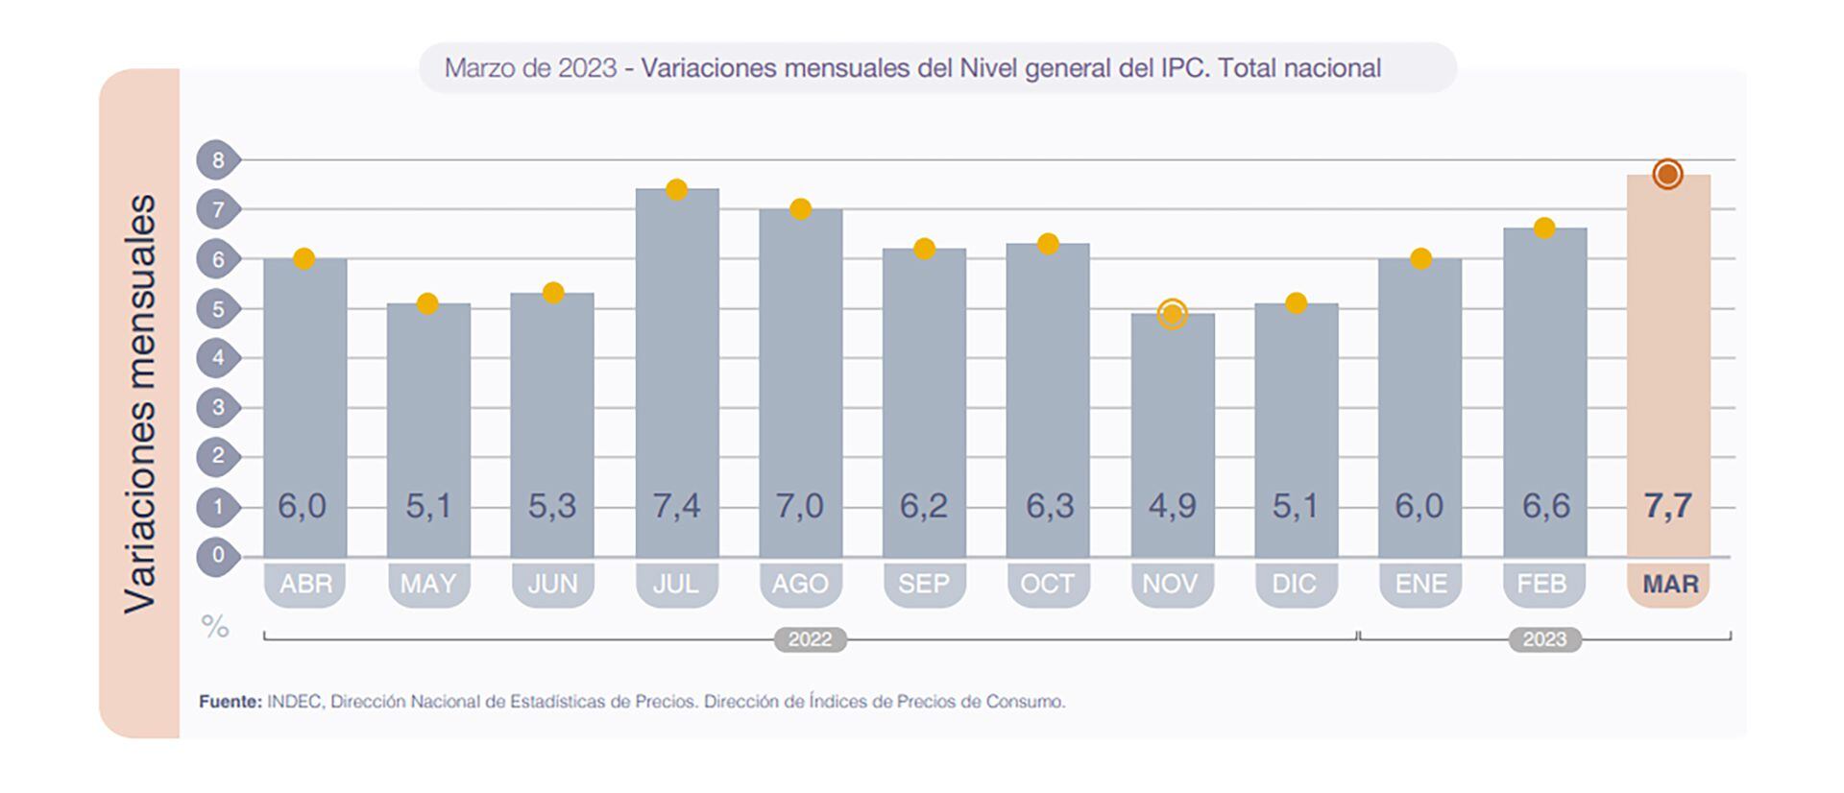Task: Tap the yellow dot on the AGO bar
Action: (x=800, y=208)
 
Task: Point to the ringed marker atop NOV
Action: (x=1172, y=313)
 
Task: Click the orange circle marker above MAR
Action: (x=1667, y=174)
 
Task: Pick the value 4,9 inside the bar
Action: (x=1172, y=506)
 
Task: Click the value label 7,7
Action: (x=1667, y=506)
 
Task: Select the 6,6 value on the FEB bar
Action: (x=1545, y=506)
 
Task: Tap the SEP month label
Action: (x=924, y=584)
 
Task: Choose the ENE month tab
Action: (x=1420, y=584)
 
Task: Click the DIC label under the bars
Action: (x=1295, y=584)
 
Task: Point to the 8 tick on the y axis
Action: (x=218, y=160)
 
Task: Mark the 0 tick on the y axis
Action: (x=218, y=555)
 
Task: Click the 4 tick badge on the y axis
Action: (x=218, y=358)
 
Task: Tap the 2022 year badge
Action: (x=810, y=639)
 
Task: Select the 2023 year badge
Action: (x=1543, y=639)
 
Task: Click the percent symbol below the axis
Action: (x=215, y=627)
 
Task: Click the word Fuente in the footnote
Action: (x=230, y=702)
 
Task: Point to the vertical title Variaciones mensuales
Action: (x=140, y=403)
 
